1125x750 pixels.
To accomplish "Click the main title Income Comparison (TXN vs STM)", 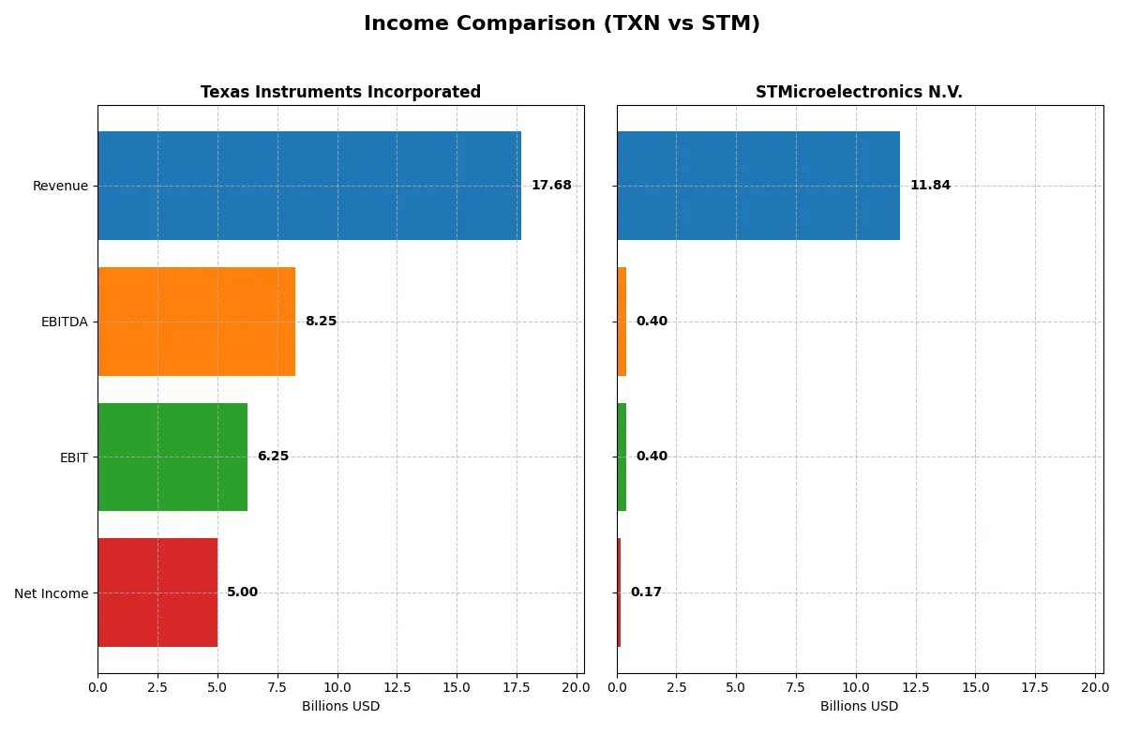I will click(562, 23).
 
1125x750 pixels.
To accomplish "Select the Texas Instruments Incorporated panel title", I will click(340, 92).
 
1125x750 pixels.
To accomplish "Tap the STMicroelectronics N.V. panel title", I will click(859, 92).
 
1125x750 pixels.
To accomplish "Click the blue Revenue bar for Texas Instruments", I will click(309, 186).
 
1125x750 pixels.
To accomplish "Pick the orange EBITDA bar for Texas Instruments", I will click(196, 322).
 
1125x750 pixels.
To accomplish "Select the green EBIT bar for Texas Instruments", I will click(172, 457).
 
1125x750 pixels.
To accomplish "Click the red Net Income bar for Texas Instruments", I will click(157, 592).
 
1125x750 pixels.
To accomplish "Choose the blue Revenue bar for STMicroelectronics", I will click(757, 186).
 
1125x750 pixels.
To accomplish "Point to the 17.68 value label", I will click(551, 186).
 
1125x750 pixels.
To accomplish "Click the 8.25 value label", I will click(321, 322).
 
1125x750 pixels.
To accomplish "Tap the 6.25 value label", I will click(273, 457).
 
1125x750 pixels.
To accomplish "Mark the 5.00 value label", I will click(242, 592).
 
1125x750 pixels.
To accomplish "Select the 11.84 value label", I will click(930, 186).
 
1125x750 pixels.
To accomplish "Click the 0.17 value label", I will click(646, 592).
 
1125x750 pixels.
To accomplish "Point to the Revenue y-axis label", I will click(60, 186).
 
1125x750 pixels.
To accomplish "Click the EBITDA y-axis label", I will click(64, 322).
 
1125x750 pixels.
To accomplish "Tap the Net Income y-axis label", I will click(51, 593).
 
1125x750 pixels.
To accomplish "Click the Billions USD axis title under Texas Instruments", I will click(340, 706).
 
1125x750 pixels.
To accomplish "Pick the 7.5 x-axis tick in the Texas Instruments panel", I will click(277, 687).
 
